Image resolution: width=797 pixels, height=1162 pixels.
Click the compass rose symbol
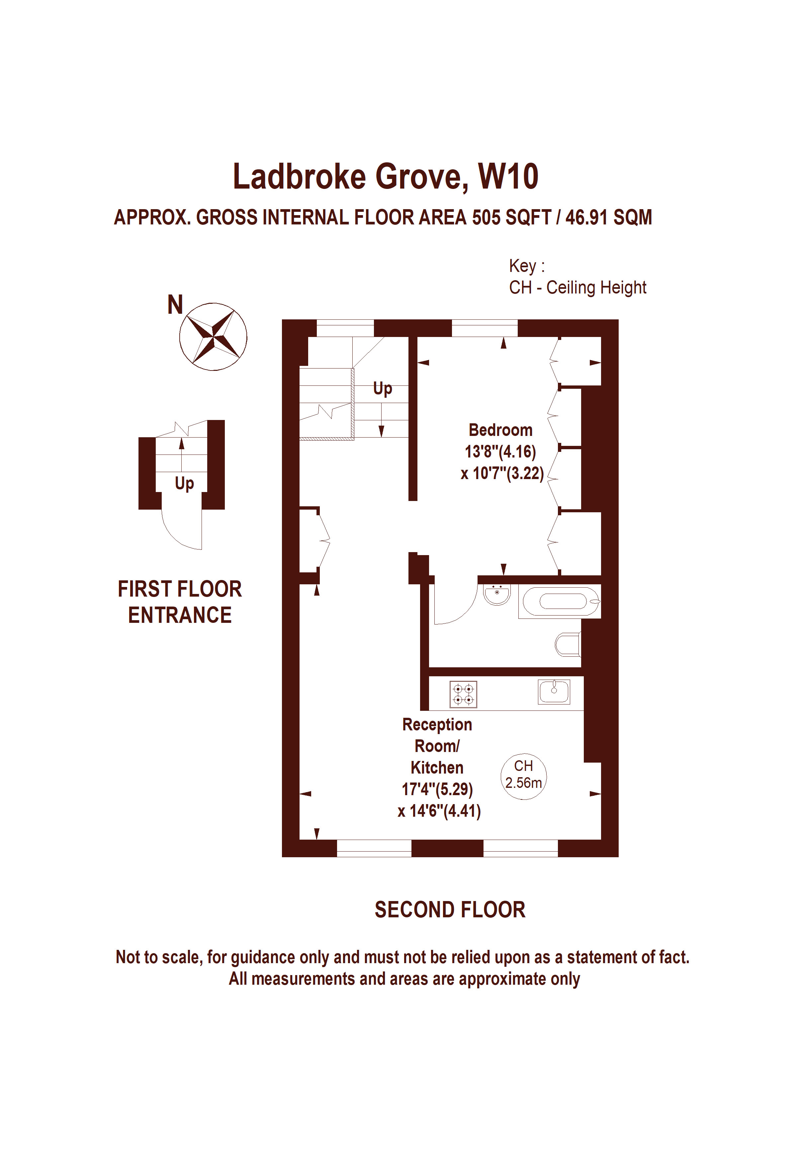click(x=213, y=337)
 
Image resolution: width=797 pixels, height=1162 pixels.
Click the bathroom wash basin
click(x=497, y=595)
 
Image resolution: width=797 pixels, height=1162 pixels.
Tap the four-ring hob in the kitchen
click(x=464, y=695)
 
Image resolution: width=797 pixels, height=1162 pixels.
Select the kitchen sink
click(x=554, y=692)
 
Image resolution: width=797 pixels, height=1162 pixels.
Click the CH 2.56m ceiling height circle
click(x=523, y=776)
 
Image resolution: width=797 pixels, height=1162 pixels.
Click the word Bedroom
click(x=500, y=430)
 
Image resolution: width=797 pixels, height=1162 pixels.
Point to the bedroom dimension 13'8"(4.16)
click(x=500, y=452)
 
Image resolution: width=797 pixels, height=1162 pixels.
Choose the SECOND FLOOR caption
click(x=450, y=910)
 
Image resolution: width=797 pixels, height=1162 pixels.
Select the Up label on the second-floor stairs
click(x=383, y=389)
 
